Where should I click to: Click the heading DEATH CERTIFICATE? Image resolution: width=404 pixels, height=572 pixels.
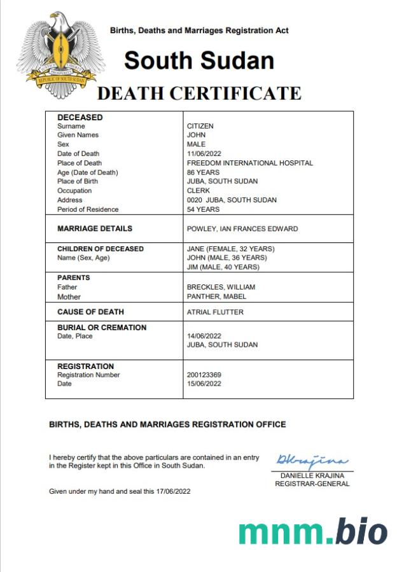point(199,94)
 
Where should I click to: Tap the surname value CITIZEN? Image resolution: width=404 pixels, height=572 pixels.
point(200,126)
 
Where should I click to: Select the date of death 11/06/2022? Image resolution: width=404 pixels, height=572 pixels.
point(204,153)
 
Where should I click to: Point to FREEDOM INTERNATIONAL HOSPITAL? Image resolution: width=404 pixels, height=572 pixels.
point(249,163)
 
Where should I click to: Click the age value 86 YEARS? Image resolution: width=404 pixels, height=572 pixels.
point(203,172)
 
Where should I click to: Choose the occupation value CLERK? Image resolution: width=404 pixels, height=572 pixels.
point(198,190)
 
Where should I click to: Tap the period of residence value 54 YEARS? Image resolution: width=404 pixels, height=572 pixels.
point(203,209)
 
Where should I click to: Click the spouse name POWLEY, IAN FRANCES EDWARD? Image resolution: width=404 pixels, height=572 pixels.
point(242,228)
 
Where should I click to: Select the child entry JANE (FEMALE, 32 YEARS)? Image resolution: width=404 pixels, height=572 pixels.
point(230,249)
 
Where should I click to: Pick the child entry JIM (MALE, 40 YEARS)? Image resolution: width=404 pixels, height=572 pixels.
point(223,267)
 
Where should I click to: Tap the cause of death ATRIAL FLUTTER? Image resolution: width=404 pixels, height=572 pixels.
point(215,312)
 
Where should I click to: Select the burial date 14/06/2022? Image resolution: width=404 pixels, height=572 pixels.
point(204,336)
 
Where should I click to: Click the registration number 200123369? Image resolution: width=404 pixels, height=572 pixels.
point(204,375)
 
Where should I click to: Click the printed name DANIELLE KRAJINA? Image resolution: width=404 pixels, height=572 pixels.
point(312,475)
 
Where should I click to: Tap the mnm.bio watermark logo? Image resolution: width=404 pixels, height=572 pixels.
point(312,531)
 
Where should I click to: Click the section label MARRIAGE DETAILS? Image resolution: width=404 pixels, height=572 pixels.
point(95,228)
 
